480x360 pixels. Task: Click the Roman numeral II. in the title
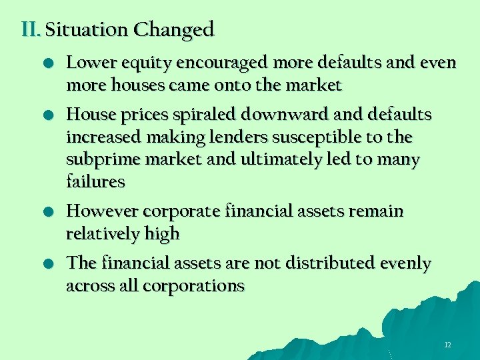pos(31,30)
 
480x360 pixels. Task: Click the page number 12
pos(447,345)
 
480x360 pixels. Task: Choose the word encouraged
pos(203,64)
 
